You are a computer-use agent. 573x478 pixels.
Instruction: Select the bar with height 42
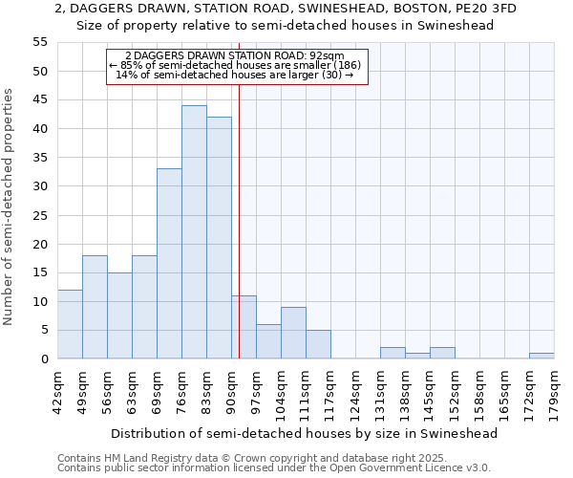click(x=219, y=238)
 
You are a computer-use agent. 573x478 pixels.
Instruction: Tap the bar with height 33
click(x=169, y=264)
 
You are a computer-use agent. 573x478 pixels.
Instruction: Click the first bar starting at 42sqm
click(x=70, y=324)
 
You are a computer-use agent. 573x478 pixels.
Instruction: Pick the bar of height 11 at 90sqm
click(x=244, y=327)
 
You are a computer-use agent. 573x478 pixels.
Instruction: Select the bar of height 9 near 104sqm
click(x=293, y=333)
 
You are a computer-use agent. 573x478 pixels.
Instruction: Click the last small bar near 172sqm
click(x=541, y=356)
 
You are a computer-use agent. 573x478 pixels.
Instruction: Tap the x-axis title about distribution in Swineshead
click(x=305, y=433)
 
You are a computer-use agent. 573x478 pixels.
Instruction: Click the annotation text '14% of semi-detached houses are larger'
click(x=234, y=75)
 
